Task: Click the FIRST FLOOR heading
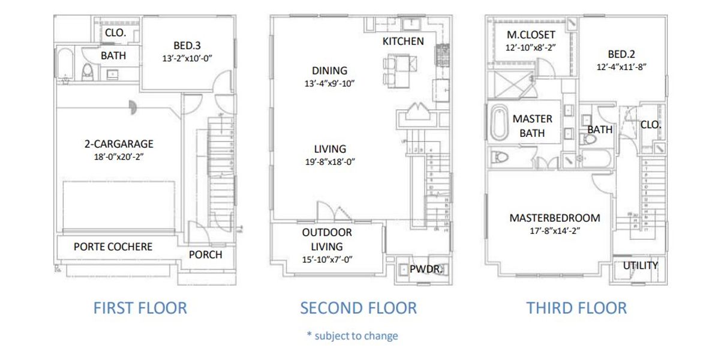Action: [140, 308]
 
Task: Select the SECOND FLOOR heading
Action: [358, 308]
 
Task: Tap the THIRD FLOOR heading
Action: [576, 308]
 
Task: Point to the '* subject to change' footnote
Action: [352, 335]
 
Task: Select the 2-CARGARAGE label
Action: [119, 144]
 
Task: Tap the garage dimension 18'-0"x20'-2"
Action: [119, 156]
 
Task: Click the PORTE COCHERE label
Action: [113, 247]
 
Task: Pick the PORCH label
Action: [205, 254]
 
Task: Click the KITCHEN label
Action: [403, 41]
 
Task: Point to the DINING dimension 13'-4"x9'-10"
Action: [329, 83]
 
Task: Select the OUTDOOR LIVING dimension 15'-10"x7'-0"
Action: [327, 259]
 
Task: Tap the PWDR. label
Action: [426, 269]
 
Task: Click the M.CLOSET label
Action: [531, 35]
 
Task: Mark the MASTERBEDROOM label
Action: [554, 218]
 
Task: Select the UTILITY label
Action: [640, 265]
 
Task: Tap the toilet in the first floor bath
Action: [88, 72]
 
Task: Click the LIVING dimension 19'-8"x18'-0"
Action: [329, 161]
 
